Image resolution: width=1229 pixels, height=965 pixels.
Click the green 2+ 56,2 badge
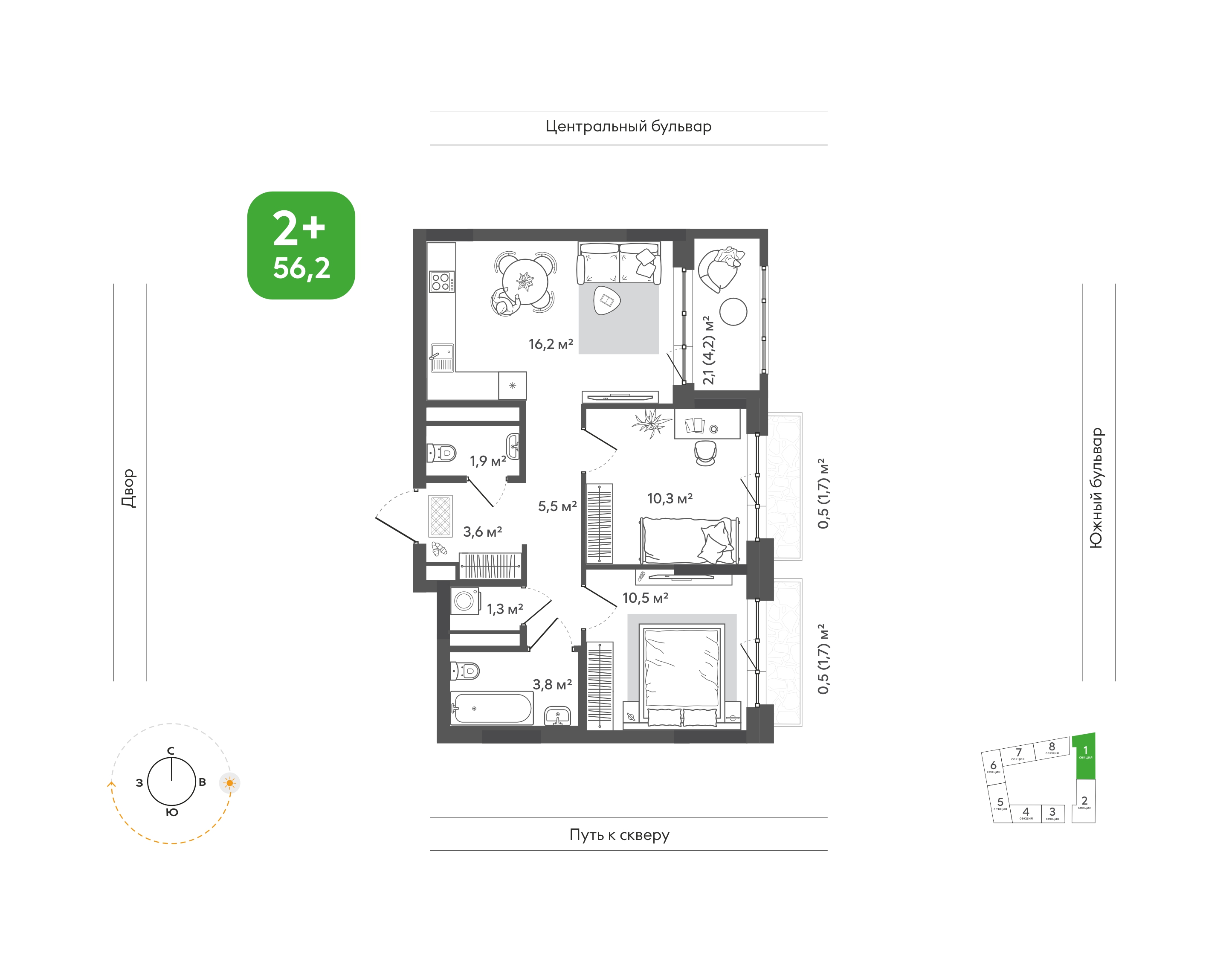[301, 245]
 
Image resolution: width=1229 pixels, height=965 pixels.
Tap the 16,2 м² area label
[551, 344]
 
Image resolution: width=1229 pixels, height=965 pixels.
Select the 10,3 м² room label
[670, 498]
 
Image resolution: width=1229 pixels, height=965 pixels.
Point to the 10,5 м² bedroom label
[645, 598]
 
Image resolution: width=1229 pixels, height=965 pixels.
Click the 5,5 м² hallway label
[557, 506]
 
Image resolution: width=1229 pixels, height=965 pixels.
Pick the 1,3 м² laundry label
[505, 609]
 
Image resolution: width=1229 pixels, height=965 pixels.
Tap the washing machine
[465, 601]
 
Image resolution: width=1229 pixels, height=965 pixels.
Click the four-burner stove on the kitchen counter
[441, 282]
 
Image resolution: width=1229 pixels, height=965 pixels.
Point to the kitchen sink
[442, 358]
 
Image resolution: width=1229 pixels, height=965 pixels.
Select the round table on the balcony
[733, 311]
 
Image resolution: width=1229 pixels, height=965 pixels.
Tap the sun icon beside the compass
[229, 783]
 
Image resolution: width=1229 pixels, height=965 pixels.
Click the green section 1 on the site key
[1084, 756]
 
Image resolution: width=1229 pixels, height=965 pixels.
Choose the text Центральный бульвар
[628, 127]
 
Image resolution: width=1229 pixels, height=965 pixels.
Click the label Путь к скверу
[620, 835]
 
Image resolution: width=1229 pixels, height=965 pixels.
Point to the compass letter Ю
[172, 812]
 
